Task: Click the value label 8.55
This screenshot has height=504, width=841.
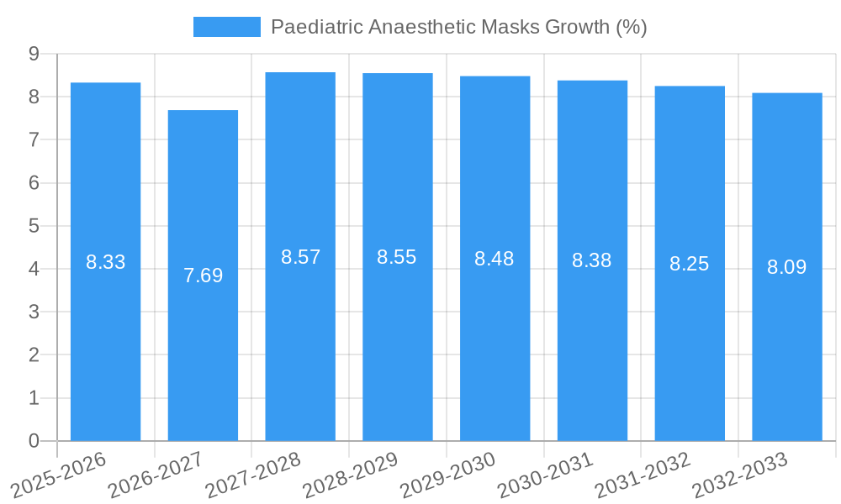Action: [397, 258]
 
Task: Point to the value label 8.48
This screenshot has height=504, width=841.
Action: [495, 260]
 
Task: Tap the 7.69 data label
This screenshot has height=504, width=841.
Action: [203, 276]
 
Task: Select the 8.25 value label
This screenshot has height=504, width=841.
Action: [690, 265]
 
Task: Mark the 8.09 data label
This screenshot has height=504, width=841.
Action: [787, 268]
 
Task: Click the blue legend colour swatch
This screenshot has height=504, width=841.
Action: [227, 27]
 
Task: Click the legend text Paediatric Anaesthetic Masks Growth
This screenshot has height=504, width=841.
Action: [458, 27]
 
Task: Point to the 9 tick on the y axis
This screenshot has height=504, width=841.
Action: [34, 54]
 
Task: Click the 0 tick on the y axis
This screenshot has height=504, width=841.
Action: [34, 441]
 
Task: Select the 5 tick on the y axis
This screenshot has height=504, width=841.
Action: [34, 226]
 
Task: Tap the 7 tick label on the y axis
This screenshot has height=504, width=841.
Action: [34, 139]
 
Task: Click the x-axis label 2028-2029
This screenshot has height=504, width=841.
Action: [351, 474]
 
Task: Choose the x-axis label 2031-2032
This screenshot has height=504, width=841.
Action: [643, 474]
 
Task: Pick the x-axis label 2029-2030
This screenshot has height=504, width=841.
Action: [448, 474]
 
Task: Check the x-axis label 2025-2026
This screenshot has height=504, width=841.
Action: [59, 474]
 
